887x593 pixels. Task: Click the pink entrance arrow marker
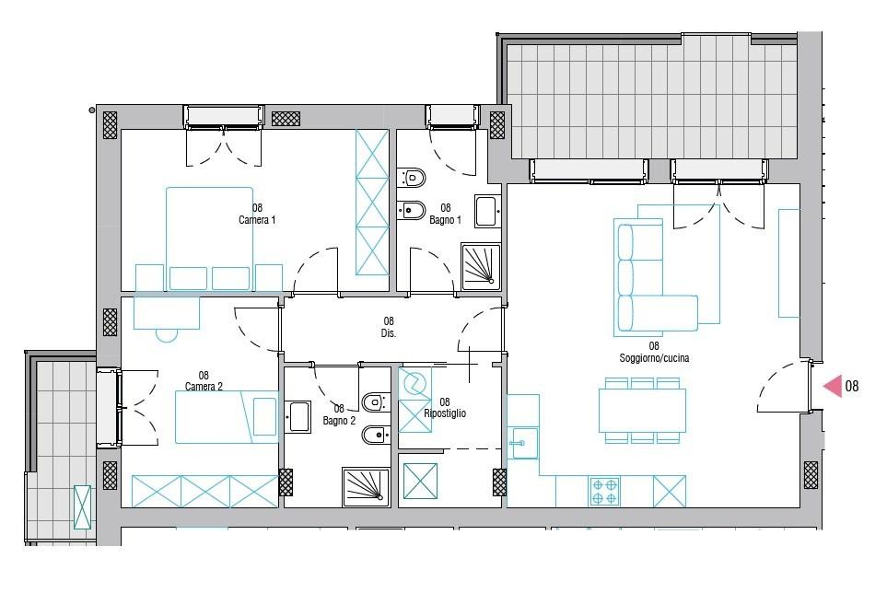point(833,386)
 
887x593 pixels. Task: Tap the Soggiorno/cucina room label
point(654,358)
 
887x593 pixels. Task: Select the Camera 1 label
point(257,220)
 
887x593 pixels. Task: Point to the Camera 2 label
point(204,387)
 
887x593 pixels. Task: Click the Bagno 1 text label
point(445,220)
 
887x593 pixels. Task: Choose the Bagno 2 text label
point(339,421)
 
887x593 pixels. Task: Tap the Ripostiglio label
point(445,413)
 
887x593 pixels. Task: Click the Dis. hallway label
point(388,333)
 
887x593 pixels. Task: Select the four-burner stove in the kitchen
point(604,491)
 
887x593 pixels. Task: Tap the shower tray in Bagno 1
point(481,267)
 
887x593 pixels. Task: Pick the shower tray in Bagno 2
point(366,487)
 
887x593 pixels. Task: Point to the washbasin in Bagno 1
point(487,211)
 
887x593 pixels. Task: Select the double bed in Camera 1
point(209,238)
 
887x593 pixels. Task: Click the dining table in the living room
point(642,410)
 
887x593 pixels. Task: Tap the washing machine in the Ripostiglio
point(415,384)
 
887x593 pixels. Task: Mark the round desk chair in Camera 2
point(167,336)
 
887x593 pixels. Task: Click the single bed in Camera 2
point(227,416)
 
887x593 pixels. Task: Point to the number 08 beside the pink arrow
point(851,386)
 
